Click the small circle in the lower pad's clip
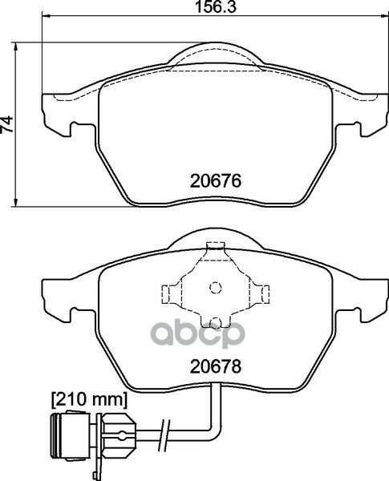[214, 287]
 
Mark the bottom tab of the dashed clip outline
[214, 322]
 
